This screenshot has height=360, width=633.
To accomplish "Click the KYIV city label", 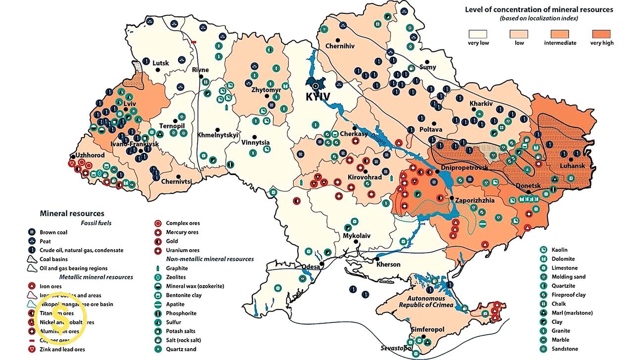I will click(x=318, y=97).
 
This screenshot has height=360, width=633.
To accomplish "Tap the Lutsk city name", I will click(x=161, y=63).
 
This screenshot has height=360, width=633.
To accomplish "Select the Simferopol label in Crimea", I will click(x=427, y=329).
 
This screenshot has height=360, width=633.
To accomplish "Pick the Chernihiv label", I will click(x=340, y=46).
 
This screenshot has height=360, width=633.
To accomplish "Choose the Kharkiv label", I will click(x=481, y=103).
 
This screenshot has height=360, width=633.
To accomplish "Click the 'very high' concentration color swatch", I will click(x=601, y=34).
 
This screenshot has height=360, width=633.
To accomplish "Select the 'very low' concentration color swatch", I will click(x=478, y=34).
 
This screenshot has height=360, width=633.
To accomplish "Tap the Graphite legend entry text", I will click(x=177, y=268).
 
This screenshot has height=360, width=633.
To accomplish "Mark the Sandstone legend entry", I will click(x=564, y=349).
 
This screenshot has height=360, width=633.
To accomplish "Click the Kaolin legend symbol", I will click(x=543, y=250).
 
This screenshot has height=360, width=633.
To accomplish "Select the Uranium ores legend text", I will click(x=182, y=250).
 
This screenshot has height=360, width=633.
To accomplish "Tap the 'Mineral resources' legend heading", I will click(x=72, y=213).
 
